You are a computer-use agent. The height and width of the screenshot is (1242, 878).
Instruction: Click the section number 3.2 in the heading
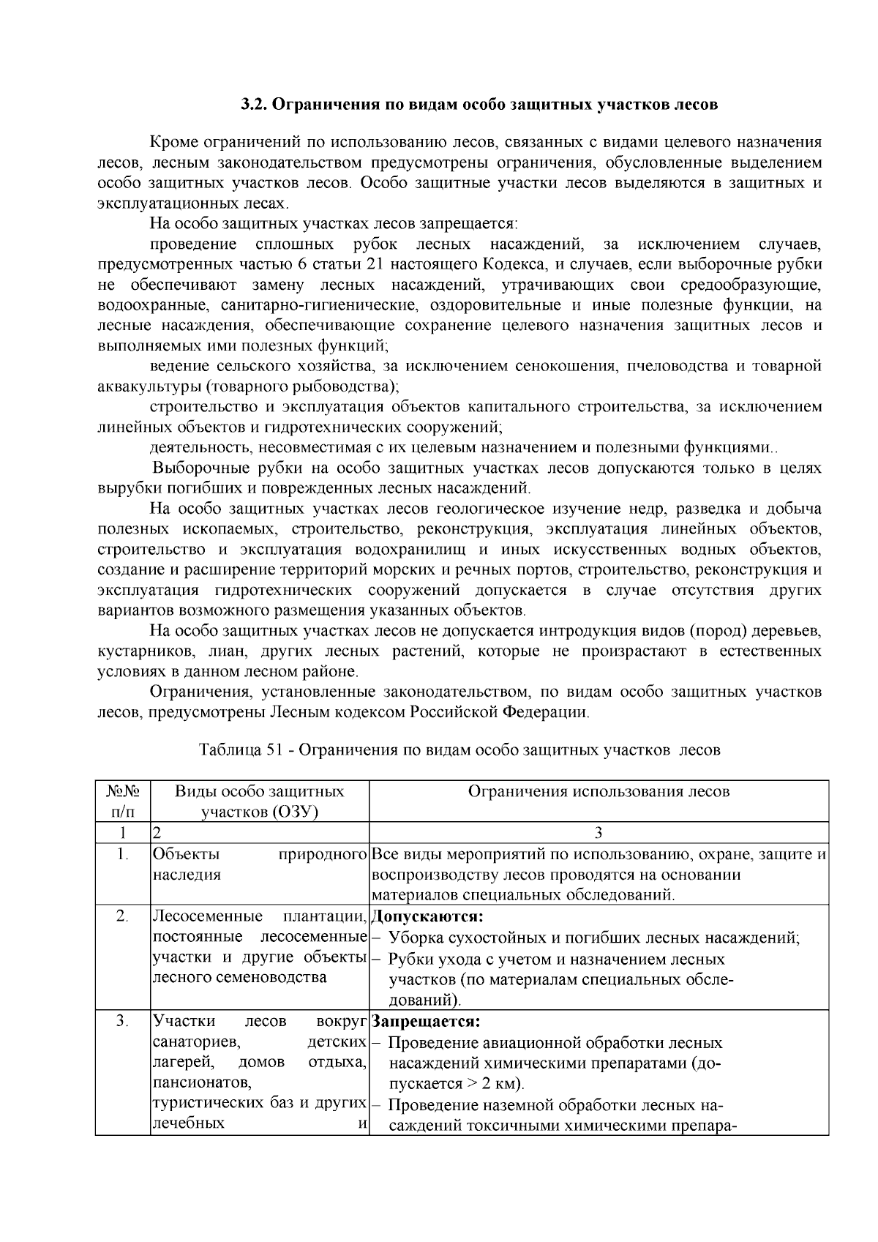(x=256, y=105)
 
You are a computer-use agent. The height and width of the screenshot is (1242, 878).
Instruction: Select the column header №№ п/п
(x=123, y=801)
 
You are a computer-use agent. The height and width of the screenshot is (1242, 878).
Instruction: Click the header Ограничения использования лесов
(x=598, y=792)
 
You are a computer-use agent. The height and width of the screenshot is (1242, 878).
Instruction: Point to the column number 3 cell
(x=598, y=833)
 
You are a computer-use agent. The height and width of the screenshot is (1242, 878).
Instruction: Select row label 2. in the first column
(x=123, y=916)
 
